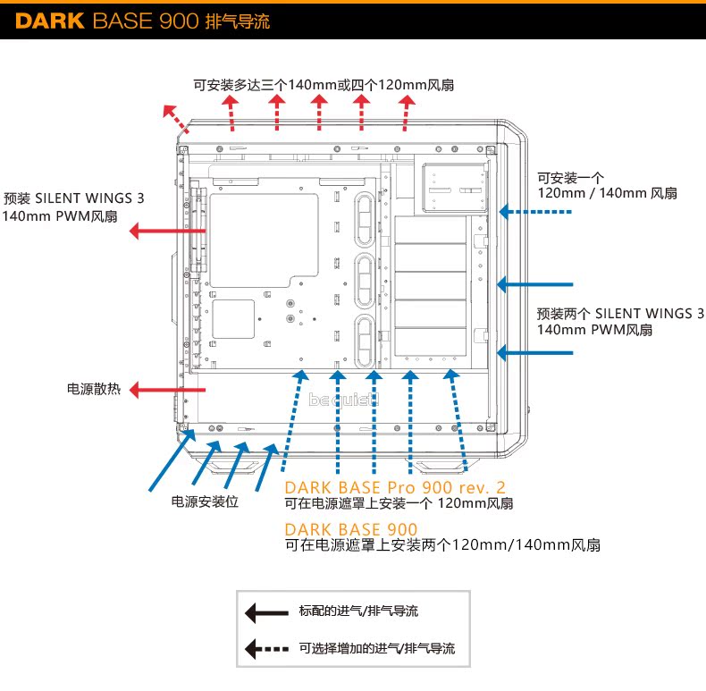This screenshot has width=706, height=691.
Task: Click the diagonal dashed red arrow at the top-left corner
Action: tap(174, 118)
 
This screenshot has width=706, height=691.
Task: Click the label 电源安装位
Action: tap(205, 501)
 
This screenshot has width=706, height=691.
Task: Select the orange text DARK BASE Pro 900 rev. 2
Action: tap(395, 487)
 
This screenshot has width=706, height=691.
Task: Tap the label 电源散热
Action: tap(96, 390)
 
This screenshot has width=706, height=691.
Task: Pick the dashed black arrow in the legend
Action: tap(266, 649)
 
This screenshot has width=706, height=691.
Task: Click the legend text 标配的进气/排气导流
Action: tap(358, 612)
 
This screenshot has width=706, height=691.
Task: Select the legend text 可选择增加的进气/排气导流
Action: tap(377, 649)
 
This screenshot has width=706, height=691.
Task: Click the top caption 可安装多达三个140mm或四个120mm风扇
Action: tap(324, 86)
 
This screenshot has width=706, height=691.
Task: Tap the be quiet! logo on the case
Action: tap(344, 400)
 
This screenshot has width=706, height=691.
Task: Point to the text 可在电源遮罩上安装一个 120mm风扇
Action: tap(399, 504)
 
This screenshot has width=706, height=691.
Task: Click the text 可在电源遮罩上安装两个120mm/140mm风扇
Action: tap(441, 545)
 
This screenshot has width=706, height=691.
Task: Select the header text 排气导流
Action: tap(237, 20)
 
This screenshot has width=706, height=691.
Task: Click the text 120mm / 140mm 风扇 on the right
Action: tap(607, 193)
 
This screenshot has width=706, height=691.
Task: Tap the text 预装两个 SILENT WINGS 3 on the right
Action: tap(620, 313)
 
